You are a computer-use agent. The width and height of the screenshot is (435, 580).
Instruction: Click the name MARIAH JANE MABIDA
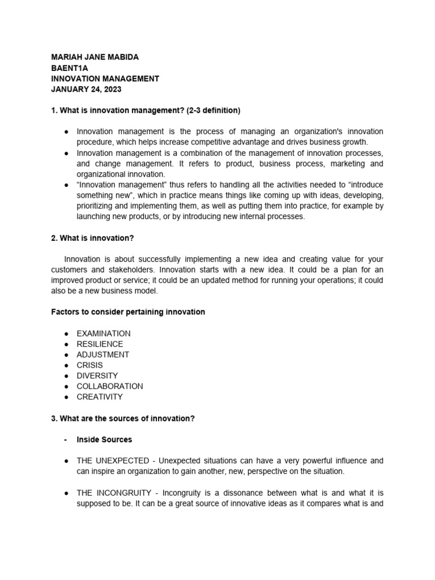(95, 57)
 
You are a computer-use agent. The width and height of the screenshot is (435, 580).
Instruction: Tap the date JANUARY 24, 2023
(86, 89)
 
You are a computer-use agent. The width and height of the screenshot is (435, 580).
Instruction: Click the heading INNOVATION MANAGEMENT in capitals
(105, 79)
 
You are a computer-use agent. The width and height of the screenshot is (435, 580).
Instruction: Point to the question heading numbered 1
(146, 110)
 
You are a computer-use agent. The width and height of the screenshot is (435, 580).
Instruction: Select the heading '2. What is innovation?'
(93, 238)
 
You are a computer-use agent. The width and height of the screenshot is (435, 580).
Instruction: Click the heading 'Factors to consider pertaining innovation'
(128, 312)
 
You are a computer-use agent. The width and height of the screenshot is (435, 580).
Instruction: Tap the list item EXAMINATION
(104, 334)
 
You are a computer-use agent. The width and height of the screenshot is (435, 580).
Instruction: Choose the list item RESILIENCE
(100, 344)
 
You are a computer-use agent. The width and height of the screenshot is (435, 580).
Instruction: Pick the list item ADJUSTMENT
(103, 355)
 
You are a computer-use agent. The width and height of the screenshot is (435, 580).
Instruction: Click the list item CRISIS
(89, 365)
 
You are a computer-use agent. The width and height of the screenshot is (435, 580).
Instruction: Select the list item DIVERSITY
(97, 376)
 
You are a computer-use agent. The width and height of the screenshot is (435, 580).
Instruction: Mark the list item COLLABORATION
(110, 386)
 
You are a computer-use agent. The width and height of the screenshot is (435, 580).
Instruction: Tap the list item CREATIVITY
(100, 396)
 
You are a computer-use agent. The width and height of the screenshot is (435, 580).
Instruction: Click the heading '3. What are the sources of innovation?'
(123, 418)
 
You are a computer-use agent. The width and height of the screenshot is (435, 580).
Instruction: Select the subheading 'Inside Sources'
(104, 440)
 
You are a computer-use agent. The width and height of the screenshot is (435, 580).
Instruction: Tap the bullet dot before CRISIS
(66, 365)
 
